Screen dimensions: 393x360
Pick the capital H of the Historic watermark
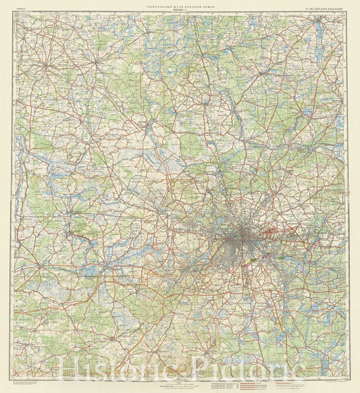[71, 369]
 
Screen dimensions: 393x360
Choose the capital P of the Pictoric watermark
[201, 369]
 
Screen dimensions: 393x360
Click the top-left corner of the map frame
[14, 14]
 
